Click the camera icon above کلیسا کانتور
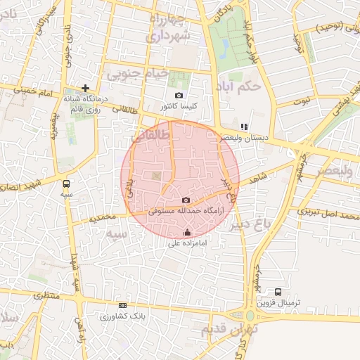coord(179,96)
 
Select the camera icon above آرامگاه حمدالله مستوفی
coord(186,200)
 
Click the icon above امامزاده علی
coord(187,233)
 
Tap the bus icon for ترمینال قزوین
coord(278,292)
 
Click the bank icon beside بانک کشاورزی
coord(123,305)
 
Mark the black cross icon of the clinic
coord(85,89)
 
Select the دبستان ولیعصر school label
coord(244,138)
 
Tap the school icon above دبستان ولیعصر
coord(244,127)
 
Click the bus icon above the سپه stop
coord(66,183)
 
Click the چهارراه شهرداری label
coord(167,27)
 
